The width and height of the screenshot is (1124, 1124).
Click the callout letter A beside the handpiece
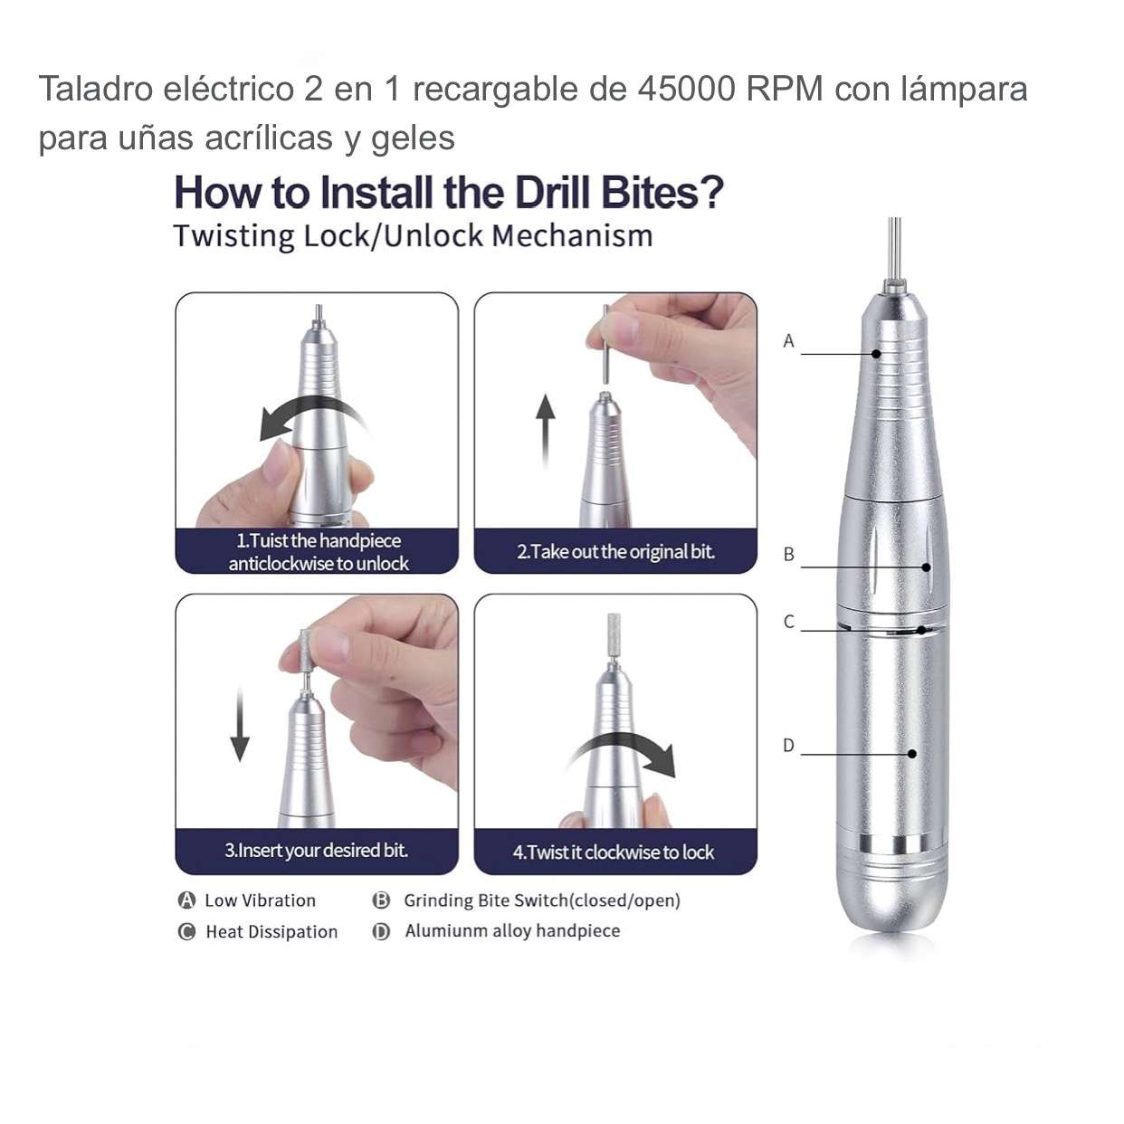[x=788, y=340]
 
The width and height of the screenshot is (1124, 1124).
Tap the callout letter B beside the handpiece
[x=788, y=554]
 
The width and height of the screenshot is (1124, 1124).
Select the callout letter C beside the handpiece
[x=788, y=622]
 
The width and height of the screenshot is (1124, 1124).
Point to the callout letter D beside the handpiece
[x=788, y=746]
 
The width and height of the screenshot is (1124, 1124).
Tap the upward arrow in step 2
[x=546, y=431]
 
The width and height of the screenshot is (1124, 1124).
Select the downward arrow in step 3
[x=240, y=725]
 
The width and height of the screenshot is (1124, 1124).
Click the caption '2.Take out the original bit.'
[x=616, y=552]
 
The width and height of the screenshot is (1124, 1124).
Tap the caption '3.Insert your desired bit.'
[x=317, y=850]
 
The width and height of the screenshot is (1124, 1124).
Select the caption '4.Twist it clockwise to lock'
[x=614, y=853]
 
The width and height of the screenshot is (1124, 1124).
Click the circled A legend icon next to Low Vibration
[x=186, y=900]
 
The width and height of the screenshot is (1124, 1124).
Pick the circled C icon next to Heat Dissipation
[x=186, y=931]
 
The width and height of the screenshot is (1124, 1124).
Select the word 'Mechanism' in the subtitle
[x=573, y=235]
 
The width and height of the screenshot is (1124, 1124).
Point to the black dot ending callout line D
[x=912, y=754]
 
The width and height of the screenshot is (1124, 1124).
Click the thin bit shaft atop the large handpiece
[x=894, y=249]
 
